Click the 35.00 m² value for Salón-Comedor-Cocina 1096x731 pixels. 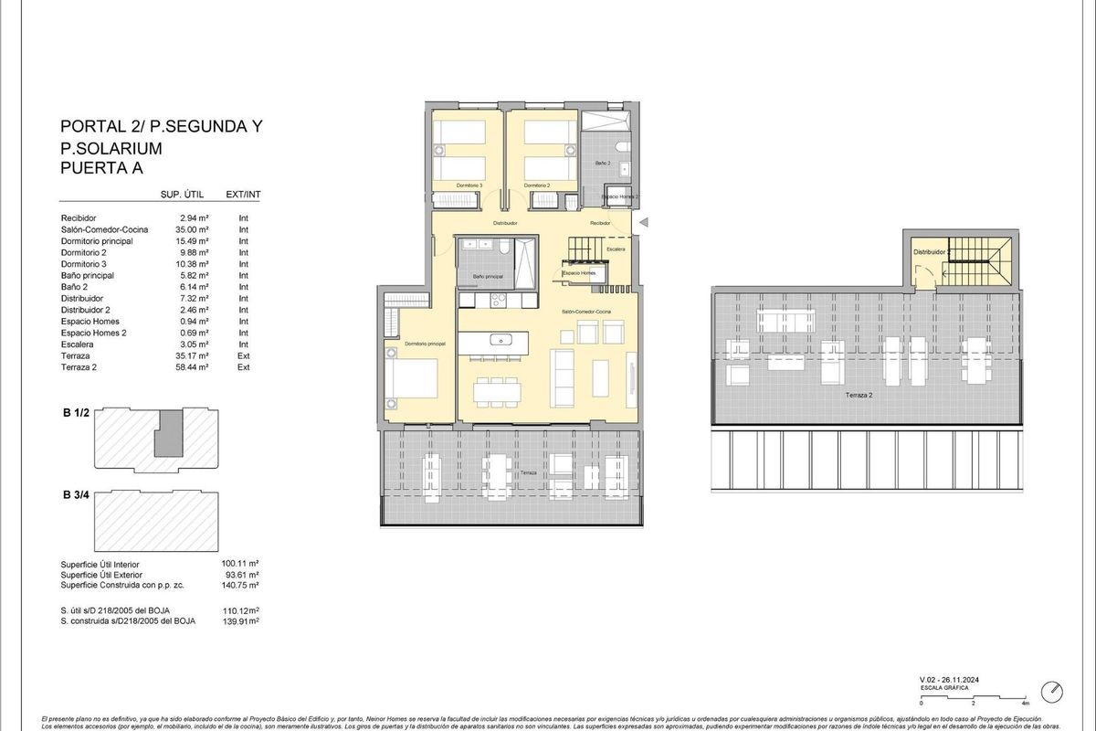(195, 230)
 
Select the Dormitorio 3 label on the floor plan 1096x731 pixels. (469, 185)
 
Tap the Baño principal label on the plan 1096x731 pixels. (487, 276)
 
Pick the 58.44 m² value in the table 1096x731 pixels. (195, 366)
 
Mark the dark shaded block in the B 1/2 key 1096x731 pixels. (166, 433)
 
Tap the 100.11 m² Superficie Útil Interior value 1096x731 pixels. (241, 565)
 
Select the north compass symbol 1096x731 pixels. (1054, 692)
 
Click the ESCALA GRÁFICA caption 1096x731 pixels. (944, 687)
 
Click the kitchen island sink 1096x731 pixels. (503, 340)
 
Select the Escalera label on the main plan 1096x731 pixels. (616, 249)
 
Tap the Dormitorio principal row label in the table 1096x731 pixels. (97, 241)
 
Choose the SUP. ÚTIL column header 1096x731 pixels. (181, 195)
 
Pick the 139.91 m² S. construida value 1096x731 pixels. (241, 620)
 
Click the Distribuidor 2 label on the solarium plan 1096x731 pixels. (932, 251)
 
